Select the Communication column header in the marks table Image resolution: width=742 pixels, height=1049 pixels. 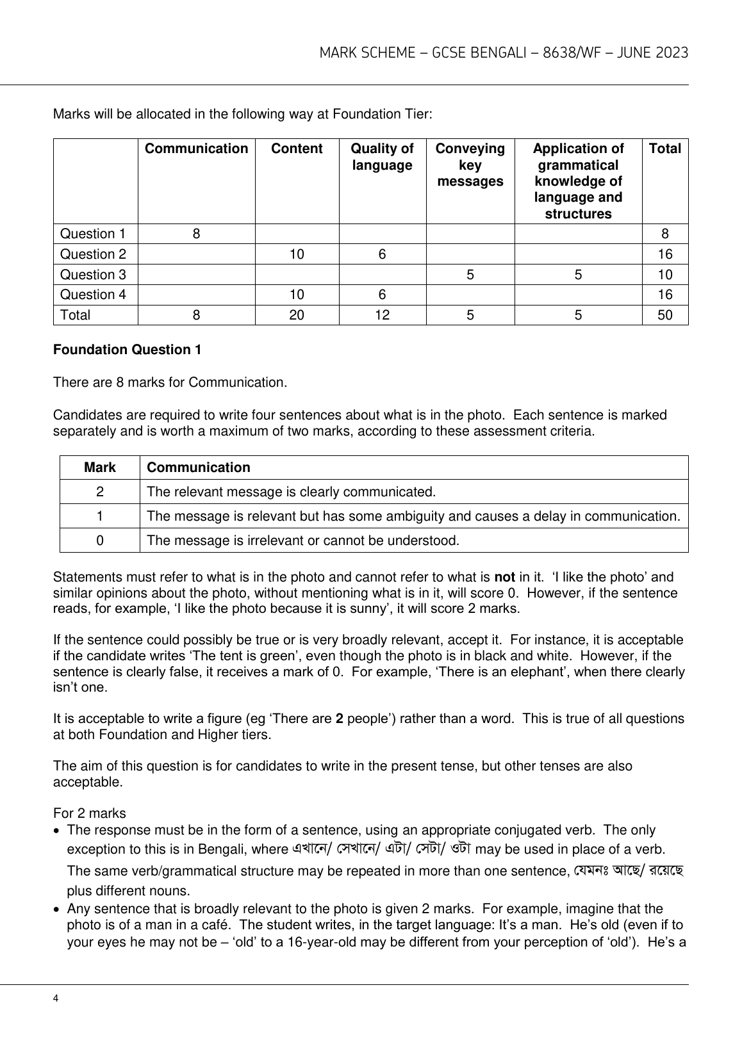[196, 149]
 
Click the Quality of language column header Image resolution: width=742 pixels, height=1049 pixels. [382, 157]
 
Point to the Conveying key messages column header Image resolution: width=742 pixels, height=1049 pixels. [470, 165]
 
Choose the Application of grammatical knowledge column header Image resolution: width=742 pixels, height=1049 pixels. [578, 181]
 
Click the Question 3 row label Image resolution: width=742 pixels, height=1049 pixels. [93, 274]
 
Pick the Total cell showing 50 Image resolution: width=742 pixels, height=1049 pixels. [664, 315]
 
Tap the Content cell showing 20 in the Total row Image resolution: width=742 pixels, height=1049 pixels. [297, 315]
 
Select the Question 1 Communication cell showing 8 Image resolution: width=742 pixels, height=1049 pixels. [196, 234]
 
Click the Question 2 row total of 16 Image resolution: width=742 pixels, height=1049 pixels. [664, 254]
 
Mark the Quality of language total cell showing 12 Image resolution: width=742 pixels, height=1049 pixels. [382, 315]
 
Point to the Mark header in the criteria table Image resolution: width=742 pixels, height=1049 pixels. [100, 468]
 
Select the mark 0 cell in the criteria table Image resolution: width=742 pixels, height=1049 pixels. [100, 541]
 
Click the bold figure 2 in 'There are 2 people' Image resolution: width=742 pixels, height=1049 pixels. [340, 719]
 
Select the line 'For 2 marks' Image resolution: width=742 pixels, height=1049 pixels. [90, 813]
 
